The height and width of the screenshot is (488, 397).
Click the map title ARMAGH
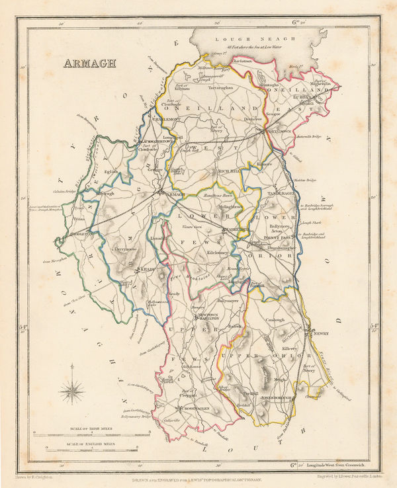pos(89,63)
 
